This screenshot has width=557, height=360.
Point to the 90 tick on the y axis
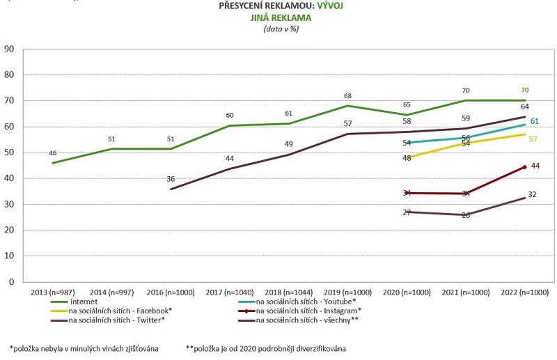click(x=10, y=49)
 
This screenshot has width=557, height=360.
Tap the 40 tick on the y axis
click(x=10, y=178)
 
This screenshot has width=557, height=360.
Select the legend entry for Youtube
click(x=307, y=301)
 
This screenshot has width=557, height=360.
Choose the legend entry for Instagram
click(x=309, y=310)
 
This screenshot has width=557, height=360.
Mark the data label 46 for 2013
click(x=54, y=153)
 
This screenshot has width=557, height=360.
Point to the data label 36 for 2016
click(x=171, y=179)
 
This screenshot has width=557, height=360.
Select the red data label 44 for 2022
click(x=535, y=166)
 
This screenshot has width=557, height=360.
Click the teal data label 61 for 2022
click(x=535, y=122)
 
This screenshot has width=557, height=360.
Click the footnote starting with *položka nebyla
click(x=84, y=347)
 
